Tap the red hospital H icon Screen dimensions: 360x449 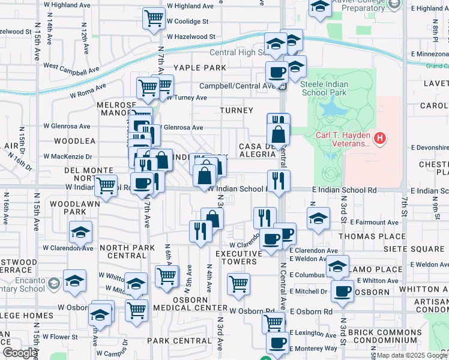379,139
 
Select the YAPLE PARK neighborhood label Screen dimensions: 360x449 200,68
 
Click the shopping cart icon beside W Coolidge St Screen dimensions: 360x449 154,18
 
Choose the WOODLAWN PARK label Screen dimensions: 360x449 68,208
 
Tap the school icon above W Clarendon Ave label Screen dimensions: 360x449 81,232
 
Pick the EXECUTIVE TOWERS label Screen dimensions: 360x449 238,257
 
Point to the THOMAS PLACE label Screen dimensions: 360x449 364,236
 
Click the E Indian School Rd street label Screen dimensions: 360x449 344,190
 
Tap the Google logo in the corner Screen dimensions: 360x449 20,353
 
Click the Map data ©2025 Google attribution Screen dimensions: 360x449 412,355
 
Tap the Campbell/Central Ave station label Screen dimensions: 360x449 237,86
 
